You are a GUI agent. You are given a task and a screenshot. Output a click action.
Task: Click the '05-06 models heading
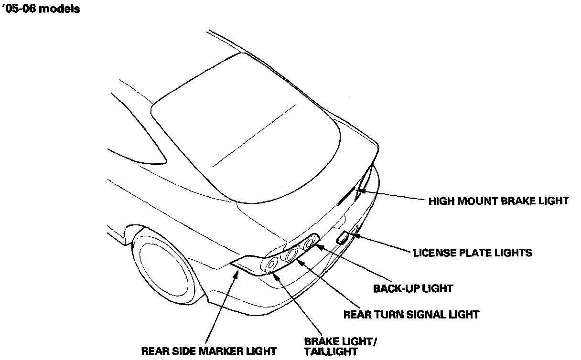[41, 9]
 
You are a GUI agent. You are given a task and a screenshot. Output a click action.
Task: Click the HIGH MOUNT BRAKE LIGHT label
[498, 201]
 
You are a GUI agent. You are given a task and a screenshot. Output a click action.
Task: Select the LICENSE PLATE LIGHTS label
[472, 253]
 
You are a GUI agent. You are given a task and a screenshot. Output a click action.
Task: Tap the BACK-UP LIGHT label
[413, 288]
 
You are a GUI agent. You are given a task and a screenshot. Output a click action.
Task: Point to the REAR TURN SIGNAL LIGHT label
[411, 314]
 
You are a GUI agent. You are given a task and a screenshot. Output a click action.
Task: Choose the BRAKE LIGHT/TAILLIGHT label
[341, 347]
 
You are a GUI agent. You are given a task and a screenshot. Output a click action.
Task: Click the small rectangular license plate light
[344, 238]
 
